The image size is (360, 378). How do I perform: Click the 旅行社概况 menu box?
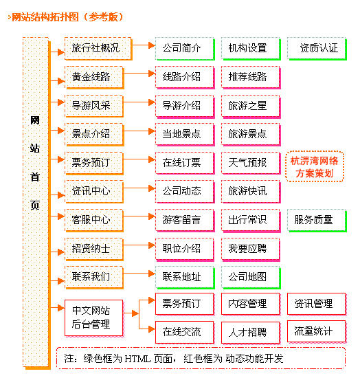pos(98,49)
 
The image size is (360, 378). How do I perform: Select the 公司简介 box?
pos(185,49)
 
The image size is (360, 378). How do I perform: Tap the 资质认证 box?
pos(317,49)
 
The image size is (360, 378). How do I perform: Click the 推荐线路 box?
pos(251,78)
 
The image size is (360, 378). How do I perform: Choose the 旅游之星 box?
pos(251,106)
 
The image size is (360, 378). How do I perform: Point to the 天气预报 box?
pos(251,163)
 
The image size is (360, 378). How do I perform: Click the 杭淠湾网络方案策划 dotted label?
pos(315,166)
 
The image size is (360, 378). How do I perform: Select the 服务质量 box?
pos(317,221)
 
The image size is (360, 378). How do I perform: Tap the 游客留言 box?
pos(185,221)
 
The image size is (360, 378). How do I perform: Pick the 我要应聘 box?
pos(251,249)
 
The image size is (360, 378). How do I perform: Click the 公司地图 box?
pos(251,277)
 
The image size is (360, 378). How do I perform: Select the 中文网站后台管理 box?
pos(94,318)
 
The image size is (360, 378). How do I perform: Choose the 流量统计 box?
pos(317,331)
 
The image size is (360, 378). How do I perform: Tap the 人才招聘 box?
pos(251,333)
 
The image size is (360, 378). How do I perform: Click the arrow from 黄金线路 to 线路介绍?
pos(139,74)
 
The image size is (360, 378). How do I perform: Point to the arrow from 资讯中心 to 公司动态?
pos(139,188)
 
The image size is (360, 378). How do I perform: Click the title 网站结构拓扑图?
pos(45,17)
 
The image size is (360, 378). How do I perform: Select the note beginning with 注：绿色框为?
pos(174,359)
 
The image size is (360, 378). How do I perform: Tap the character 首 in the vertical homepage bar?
pos(35,177)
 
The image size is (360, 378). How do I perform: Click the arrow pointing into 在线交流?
pos(147,329)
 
